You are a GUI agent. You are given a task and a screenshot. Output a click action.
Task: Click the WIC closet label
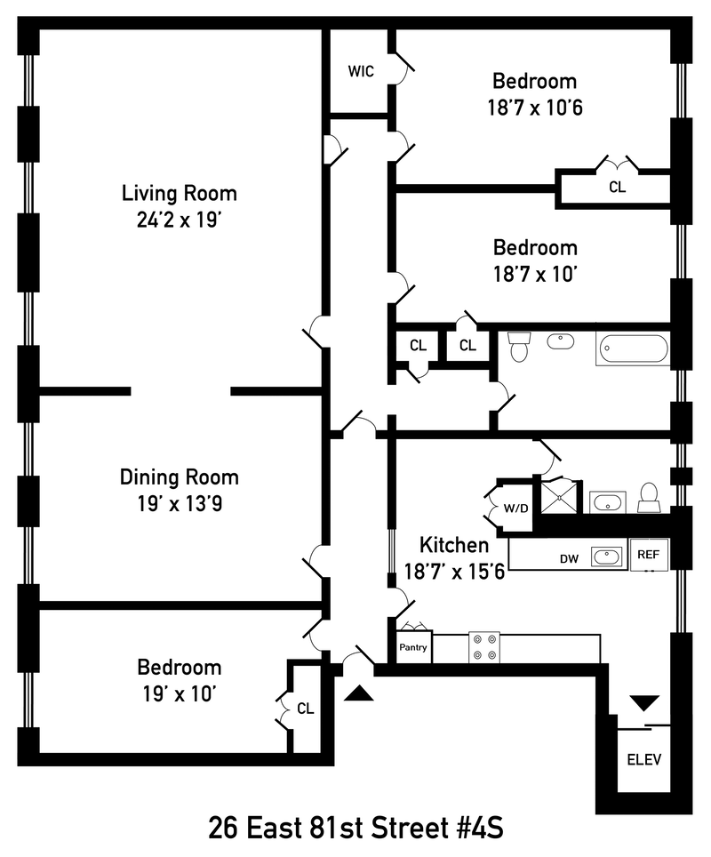coord(361,71)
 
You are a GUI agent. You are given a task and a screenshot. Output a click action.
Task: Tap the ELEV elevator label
coord(643,759)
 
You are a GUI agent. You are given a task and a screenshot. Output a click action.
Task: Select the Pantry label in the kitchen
coord(413,647)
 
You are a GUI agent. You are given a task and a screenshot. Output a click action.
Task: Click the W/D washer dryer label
coord(515,509)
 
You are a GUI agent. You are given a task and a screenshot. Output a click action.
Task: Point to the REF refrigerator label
coord(648,554)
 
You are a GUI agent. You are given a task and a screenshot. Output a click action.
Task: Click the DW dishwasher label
coord(569,558)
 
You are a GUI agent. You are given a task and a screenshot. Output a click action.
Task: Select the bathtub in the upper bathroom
coord(634,348)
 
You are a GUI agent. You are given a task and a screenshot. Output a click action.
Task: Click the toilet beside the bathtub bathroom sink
coord(519,346)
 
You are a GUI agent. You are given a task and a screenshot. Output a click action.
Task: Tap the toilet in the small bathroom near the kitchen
coord(649,497)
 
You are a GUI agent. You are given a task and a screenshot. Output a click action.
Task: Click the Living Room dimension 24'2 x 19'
coord(180,220)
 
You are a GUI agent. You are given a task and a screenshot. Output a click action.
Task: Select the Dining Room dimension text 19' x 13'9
coord(180,504)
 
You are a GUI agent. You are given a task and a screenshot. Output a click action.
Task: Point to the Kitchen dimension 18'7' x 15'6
coord(454,572)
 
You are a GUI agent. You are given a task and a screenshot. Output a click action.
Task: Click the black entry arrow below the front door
coord(359,693)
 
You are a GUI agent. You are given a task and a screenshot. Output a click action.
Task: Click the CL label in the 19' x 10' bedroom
coord(306,709)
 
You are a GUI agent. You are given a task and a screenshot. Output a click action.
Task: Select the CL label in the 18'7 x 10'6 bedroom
coord(617,187)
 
